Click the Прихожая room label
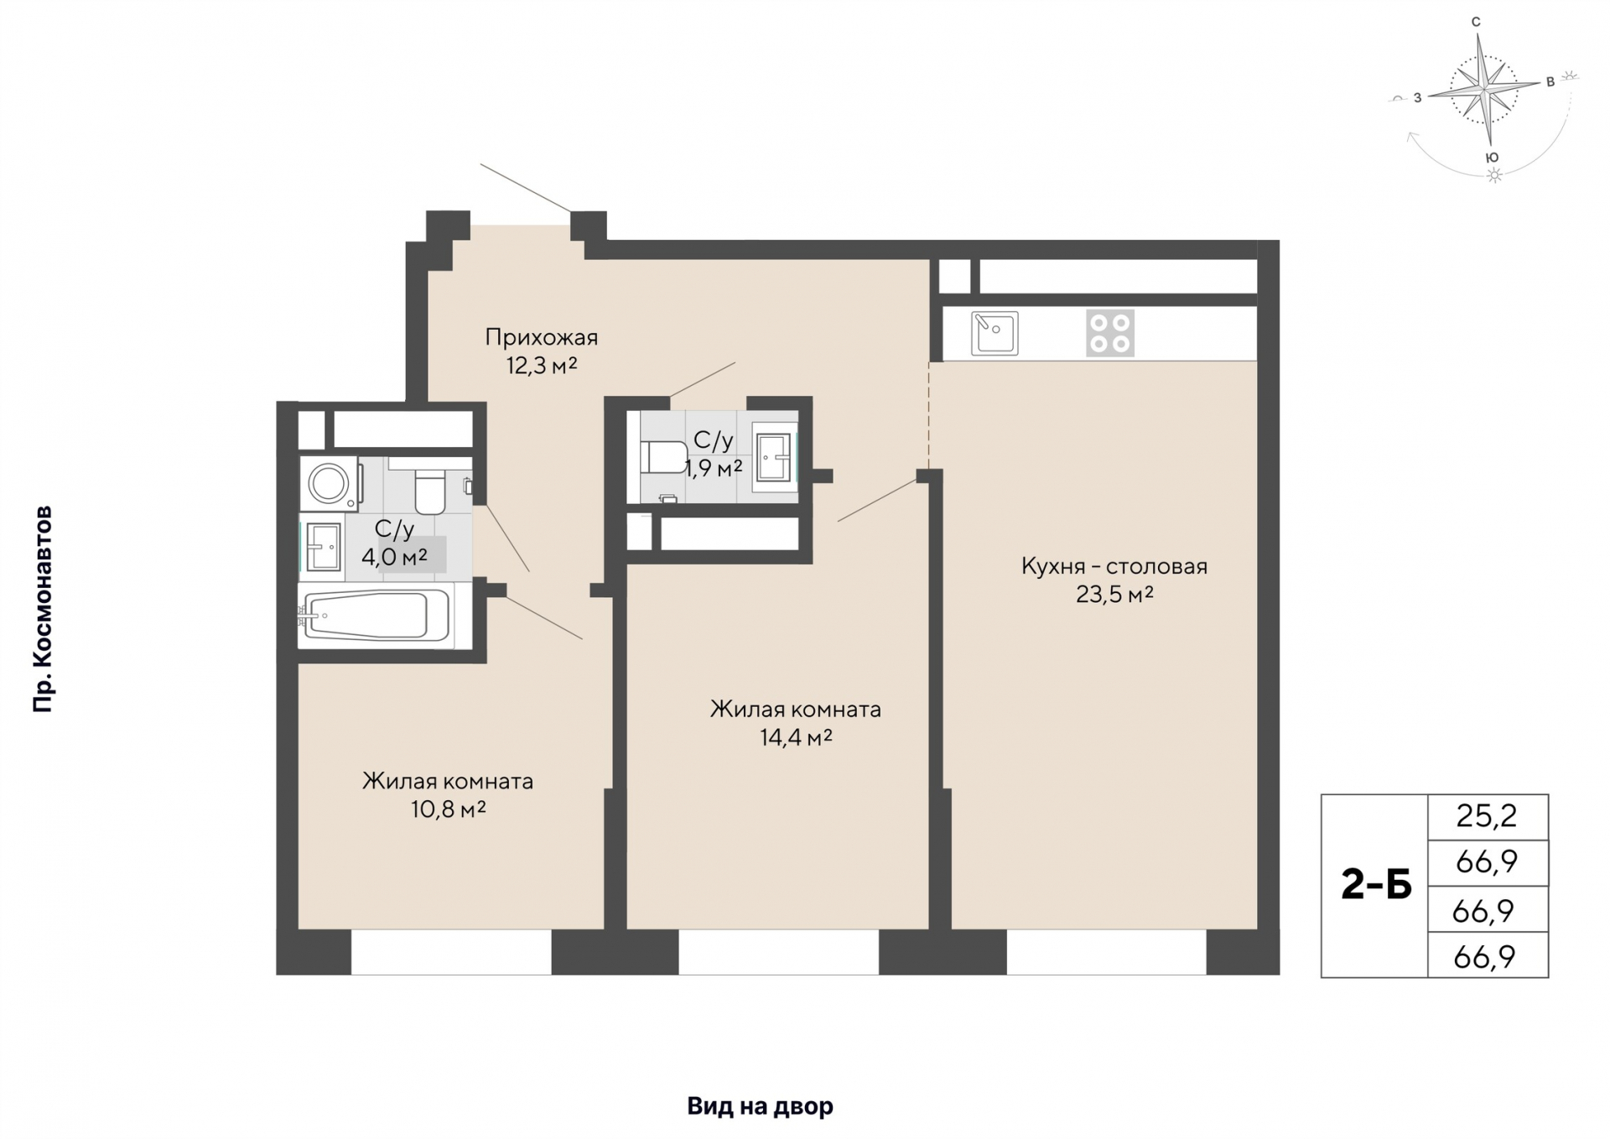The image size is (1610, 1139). (541, 338)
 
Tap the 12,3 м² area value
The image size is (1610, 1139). (542, 366)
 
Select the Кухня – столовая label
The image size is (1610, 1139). (1114, 566)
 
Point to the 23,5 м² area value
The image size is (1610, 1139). (1114, 595)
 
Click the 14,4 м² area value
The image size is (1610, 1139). (795, 737)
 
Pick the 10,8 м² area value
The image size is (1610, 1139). (449, 809)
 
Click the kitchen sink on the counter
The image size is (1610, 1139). (995, 333)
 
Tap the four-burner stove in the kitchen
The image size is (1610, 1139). (1109, 333)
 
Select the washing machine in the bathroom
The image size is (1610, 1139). (330, 483)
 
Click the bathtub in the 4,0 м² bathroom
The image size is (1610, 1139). (376, 616)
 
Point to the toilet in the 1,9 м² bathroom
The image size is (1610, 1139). (664, 458)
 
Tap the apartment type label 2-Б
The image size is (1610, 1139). (1376, 886)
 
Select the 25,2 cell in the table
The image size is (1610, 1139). (1487, 816)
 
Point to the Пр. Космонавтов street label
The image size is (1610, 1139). (43, 609)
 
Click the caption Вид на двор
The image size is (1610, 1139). (760, 1106)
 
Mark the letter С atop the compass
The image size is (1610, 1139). (1476, 23)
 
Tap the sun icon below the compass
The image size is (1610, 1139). (1493, 175)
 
